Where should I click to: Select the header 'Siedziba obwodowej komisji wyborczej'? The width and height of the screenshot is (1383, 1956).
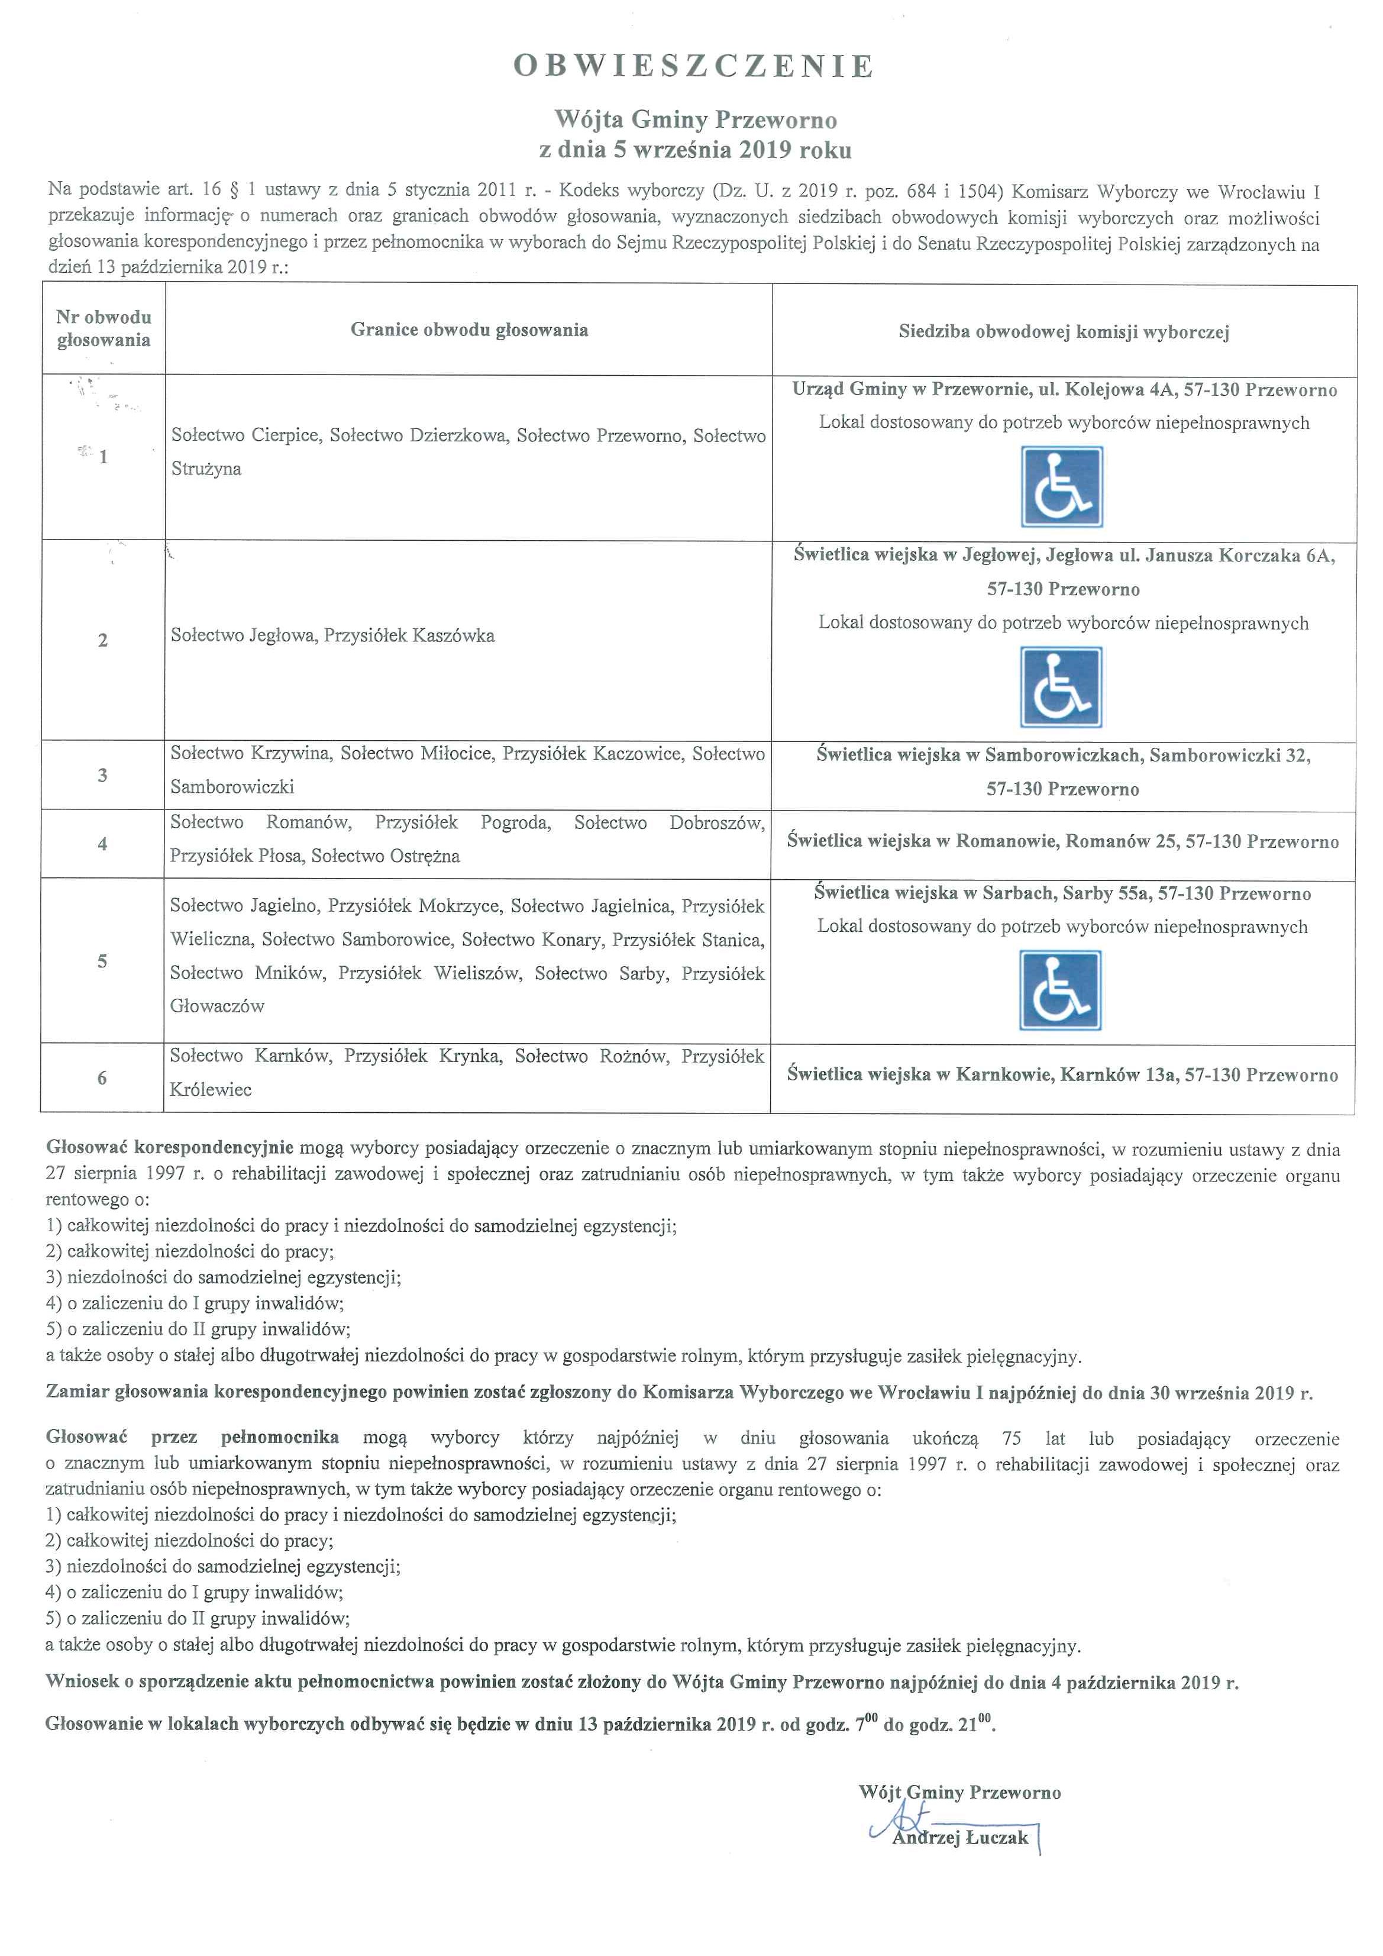pyautogui.click(x=1064, y=333)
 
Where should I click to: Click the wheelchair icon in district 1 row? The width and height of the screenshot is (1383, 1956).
pyautogui.click(x=1062, y=488)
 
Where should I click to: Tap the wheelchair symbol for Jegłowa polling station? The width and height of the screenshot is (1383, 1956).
pyautogui.click(x=1061, y=687)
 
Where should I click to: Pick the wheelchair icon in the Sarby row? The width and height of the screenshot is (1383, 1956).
pyautogui.click(x=1060, y=991)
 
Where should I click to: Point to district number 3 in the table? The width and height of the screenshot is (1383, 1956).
pyautogui.click(x=102, y=775)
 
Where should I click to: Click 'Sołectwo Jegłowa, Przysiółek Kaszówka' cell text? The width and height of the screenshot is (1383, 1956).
pyautogui.click(x=332, y=635)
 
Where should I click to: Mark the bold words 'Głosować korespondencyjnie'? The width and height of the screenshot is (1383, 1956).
pyautogui.click(x=169, y=1148)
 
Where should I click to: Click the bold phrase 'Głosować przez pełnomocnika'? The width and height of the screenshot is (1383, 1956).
pyautogui.click(x=192, y=1437)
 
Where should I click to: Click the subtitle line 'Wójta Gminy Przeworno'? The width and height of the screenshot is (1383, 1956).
pyautogui.click(x=695, y=120)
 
